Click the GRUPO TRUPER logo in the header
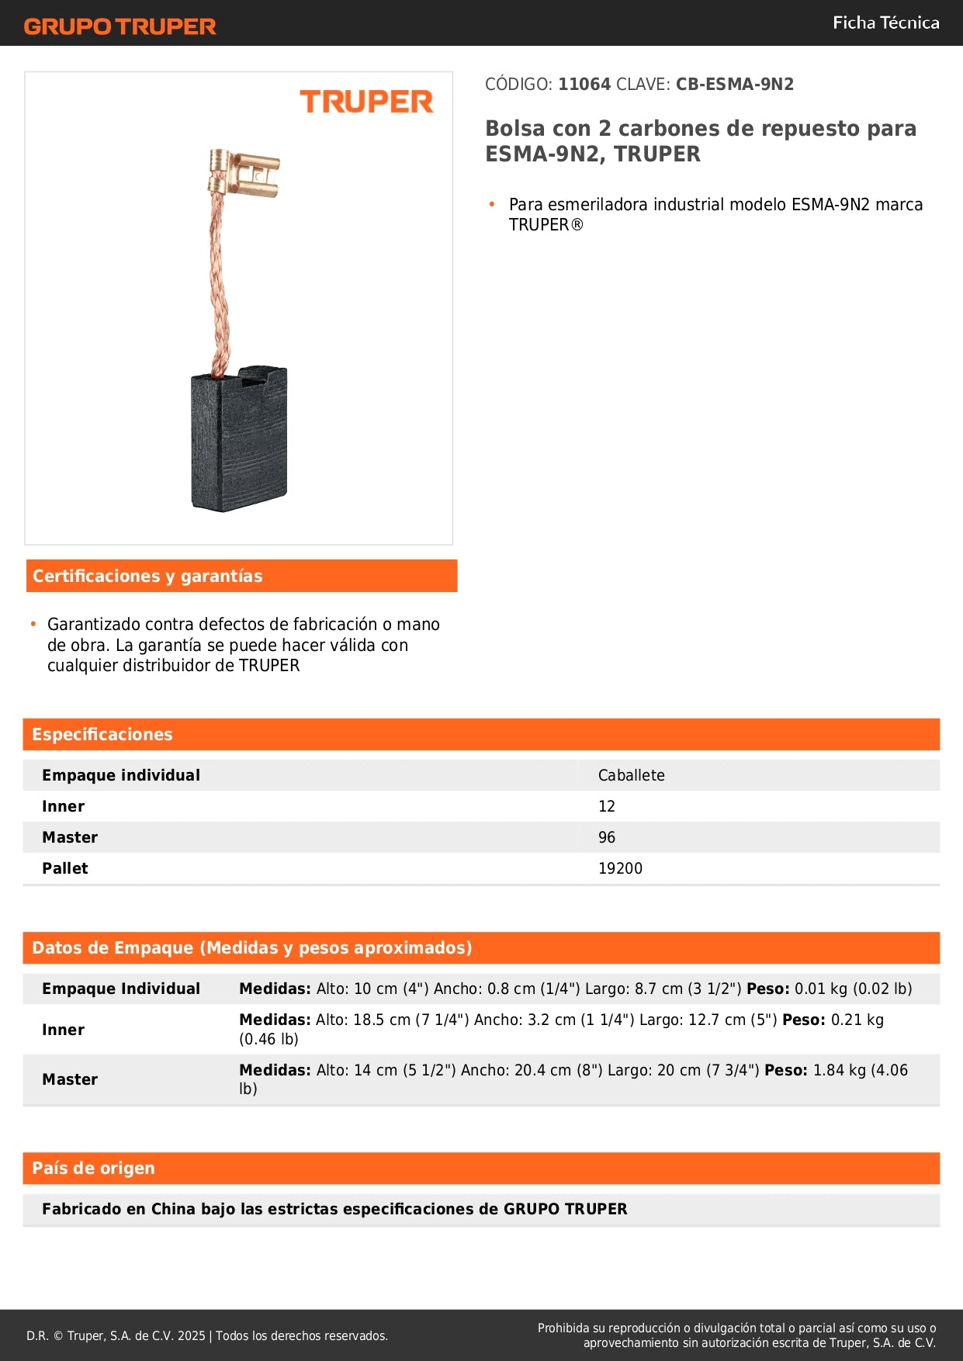point(120,26)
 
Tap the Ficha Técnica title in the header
point(885,23)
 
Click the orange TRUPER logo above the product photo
point(366,102)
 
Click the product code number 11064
point(584,85)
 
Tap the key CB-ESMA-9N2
point(734,85)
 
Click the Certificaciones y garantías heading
point(147,576)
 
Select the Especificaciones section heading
point(102,734)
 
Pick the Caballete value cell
point(631,775)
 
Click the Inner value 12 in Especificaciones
point(606,806)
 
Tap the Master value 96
point(606,837)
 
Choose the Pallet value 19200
point(620,868)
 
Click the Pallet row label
point(65,868)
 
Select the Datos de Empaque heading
point(251,947)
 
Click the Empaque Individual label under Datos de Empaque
point(121,989)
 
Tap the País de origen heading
point(93,1168)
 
